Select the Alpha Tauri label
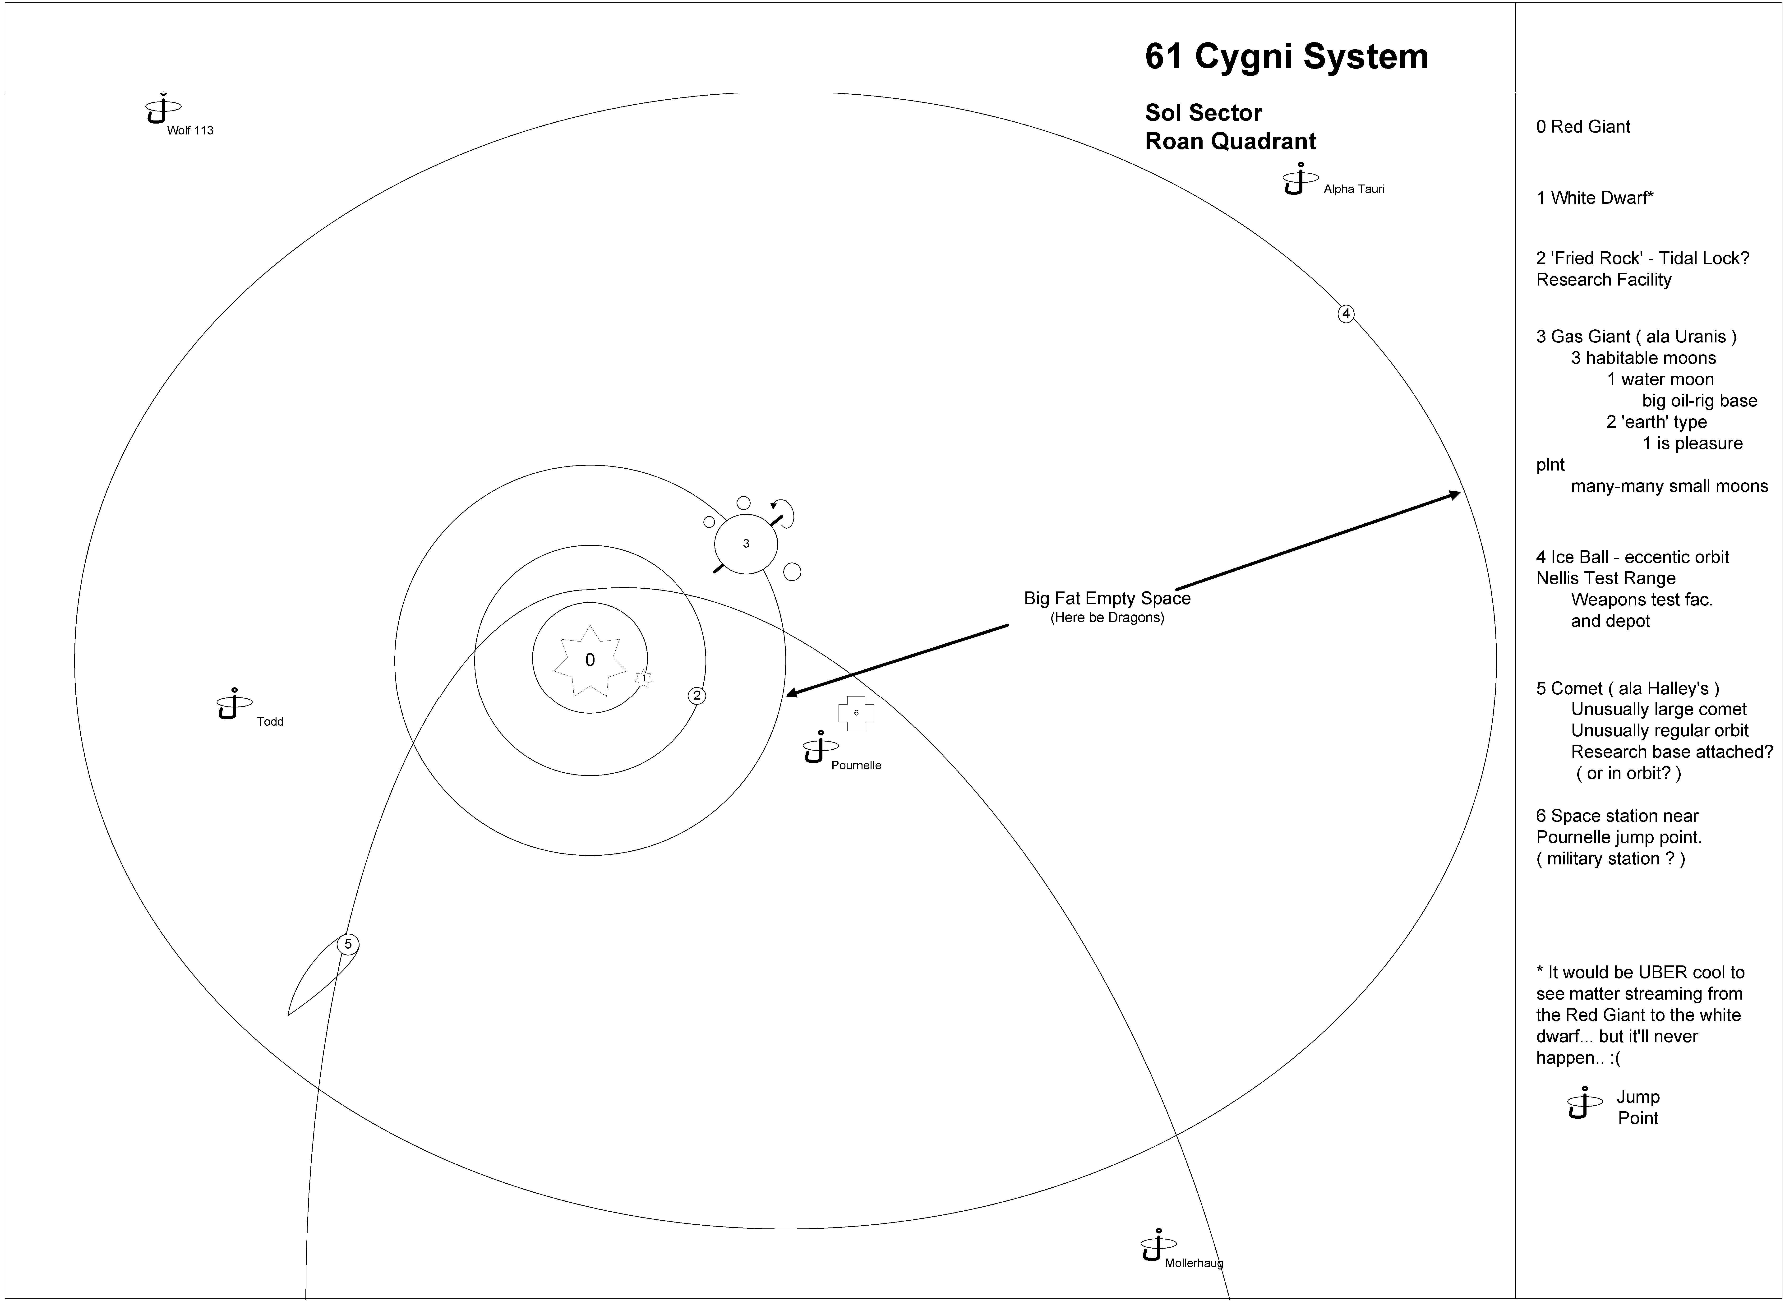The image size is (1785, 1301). point(1354,189)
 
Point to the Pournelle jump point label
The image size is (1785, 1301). point(856,766)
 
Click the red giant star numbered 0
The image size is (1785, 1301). point(590,660)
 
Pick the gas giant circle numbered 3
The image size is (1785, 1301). point(746,543)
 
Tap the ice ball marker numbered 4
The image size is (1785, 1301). point(1346,314)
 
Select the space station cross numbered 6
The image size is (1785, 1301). point(856,713)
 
